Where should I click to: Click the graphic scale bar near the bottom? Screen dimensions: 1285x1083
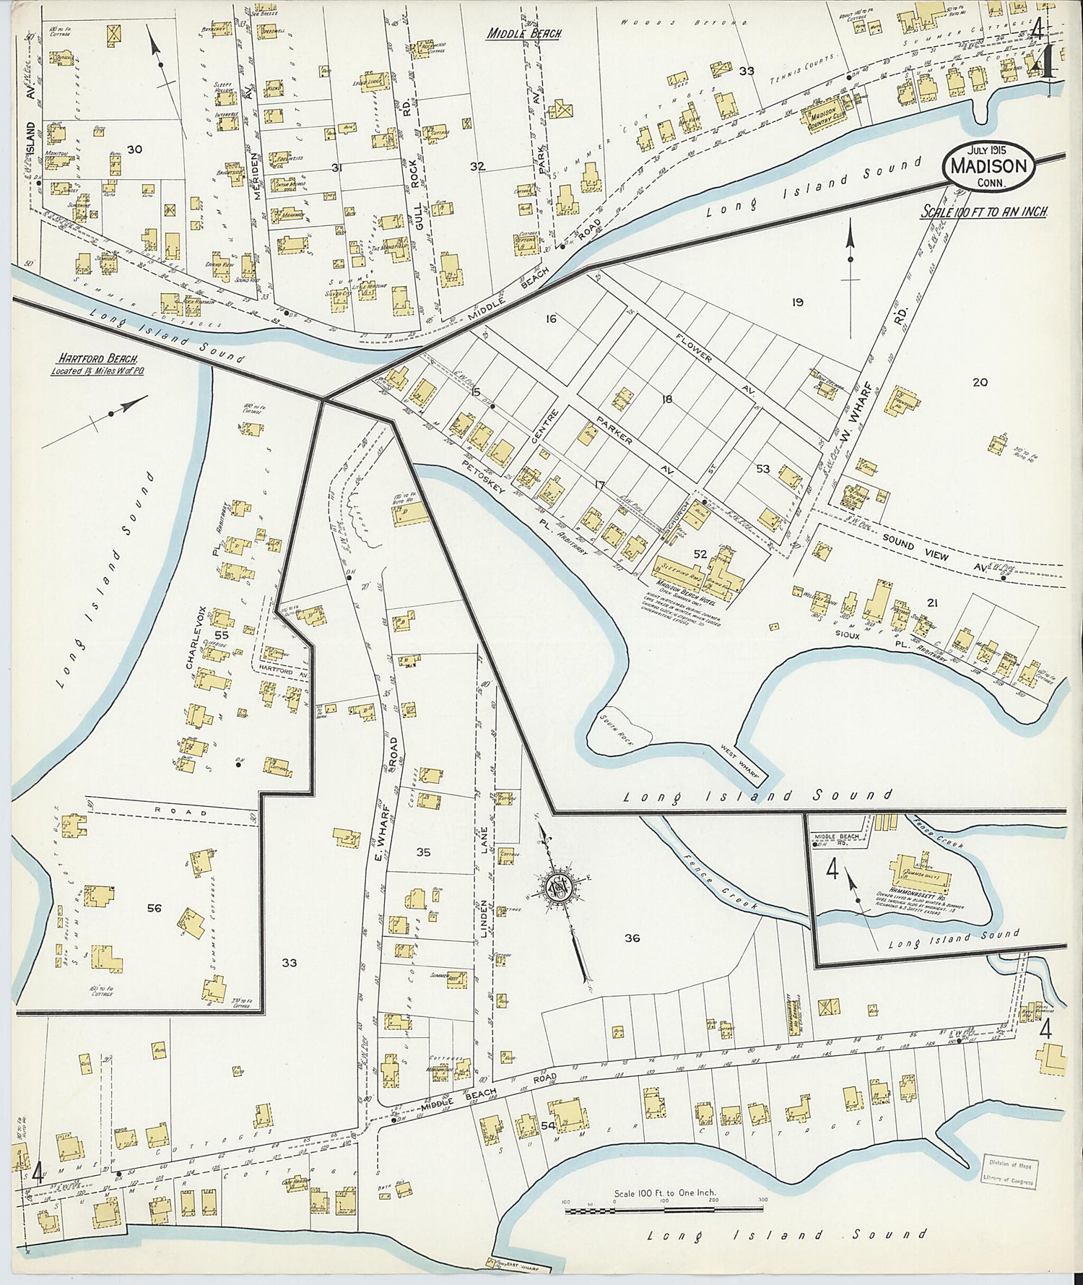click(x=666, y=1208)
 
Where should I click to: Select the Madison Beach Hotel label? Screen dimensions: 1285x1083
click(x=684, y=584)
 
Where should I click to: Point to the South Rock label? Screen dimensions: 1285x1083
click(x=614, y=724)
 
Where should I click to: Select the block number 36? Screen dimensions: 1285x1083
click(x=632, y=938)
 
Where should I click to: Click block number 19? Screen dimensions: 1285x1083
click(x=797, y=302)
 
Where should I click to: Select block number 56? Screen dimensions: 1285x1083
click(x=154, y=908)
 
